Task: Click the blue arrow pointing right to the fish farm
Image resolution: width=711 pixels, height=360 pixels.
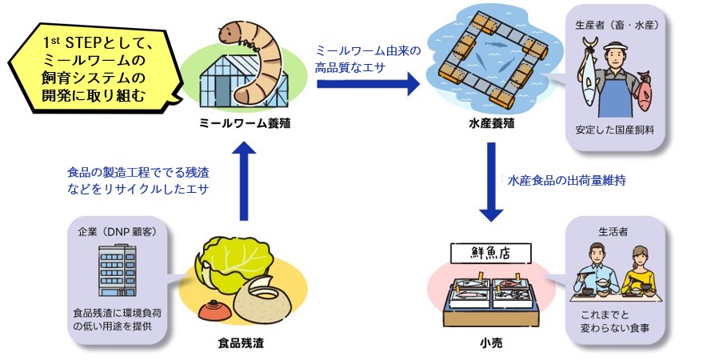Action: tap(368, 82)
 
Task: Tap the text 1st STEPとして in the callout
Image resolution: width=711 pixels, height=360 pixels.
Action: tap(94, 41)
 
